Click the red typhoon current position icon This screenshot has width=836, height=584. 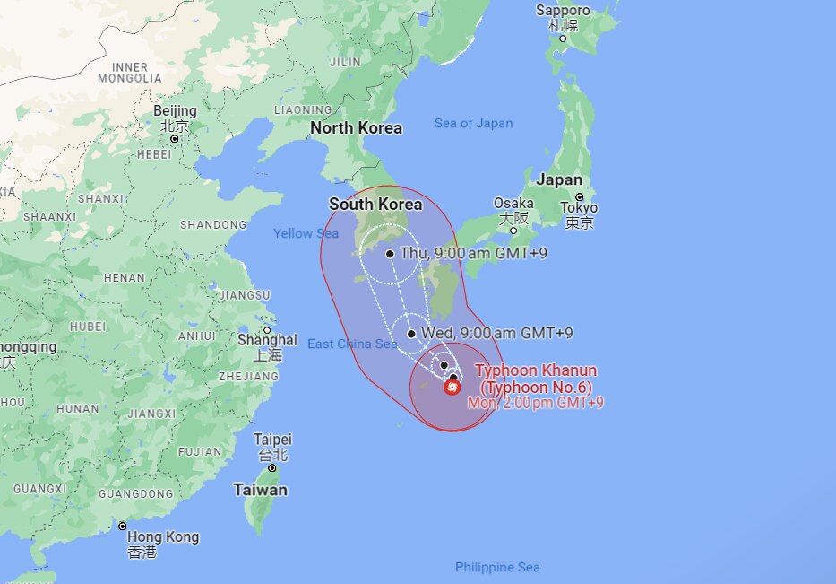click(452, 387)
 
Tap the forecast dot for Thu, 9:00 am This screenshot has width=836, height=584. click(391, 254)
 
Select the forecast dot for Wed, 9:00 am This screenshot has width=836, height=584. click(411, 334)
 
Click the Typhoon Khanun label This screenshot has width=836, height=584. click(536, 370)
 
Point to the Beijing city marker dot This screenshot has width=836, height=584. click(175, 139)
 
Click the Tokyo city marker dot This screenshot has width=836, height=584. click(580, 196)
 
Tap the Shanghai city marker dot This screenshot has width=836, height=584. click(267, 329)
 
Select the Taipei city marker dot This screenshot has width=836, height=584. click(272, 467)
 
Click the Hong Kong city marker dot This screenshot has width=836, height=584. click(123, 526)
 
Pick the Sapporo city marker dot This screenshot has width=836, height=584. click(563, 39)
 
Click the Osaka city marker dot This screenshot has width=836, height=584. click(513, 231)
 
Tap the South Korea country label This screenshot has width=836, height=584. click(375, 204)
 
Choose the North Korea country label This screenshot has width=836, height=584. click(356, 128)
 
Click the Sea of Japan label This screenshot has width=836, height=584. click(473, 123)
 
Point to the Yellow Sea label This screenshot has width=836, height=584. click(306, 233)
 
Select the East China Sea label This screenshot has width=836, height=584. click(351, 344)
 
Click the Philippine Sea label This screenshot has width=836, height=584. click(497, 567)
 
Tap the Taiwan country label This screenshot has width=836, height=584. click(261, 490)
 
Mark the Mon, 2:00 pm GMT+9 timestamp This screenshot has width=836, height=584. click(535, 403)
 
